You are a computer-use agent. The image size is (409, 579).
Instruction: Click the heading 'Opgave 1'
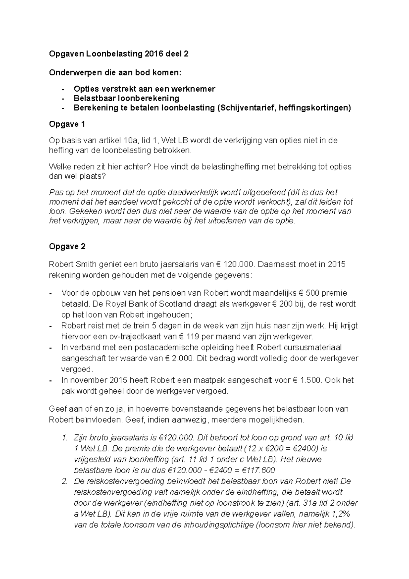tap(67, 124)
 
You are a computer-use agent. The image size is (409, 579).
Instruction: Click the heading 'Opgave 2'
tap(67, 247)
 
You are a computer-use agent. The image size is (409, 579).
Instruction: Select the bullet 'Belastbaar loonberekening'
tap(126, 99)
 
